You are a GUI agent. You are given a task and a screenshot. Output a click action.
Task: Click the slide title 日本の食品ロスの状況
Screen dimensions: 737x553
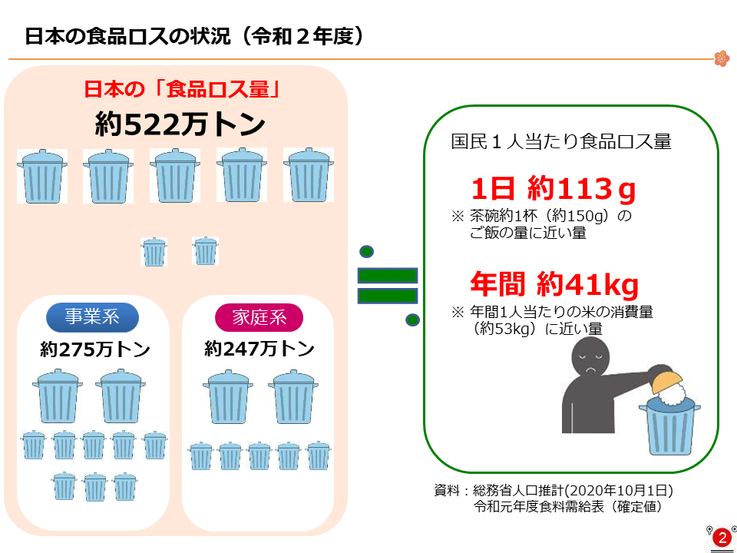(128, 37)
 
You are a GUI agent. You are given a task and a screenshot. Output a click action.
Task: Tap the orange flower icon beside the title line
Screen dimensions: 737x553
(722, 59)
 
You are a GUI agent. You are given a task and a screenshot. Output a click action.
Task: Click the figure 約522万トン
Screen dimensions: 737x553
(180, 125)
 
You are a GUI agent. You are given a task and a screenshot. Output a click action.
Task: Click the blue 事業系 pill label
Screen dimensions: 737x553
(92, 317)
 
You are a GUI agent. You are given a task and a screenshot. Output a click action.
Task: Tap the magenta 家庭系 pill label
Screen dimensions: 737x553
(259, 318)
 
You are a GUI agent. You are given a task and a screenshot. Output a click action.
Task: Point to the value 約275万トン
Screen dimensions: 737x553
(95, 350)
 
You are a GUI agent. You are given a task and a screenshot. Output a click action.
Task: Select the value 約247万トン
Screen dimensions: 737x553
(259, 349)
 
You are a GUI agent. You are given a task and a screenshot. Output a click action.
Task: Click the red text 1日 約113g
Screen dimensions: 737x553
(554, 190)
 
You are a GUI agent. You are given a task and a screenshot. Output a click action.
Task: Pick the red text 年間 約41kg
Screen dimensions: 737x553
(554, 284)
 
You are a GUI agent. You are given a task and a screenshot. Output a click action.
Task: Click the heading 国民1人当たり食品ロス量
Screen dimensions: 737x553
(561, 141)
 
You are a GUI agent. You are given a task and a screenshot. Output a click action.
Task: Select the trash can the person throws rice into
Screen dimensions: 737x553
(669, 425)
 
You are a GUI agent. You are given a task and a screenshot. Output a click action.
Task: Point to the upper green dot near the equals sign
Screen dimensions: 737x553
(366, 252)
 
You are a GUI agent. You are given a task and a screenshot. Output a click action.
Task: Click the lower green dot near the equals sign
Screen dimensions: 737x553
(412, 320)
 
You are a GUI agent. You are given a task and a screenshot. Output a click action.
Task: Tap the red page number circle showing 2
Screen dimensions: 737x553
(722, 538)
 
